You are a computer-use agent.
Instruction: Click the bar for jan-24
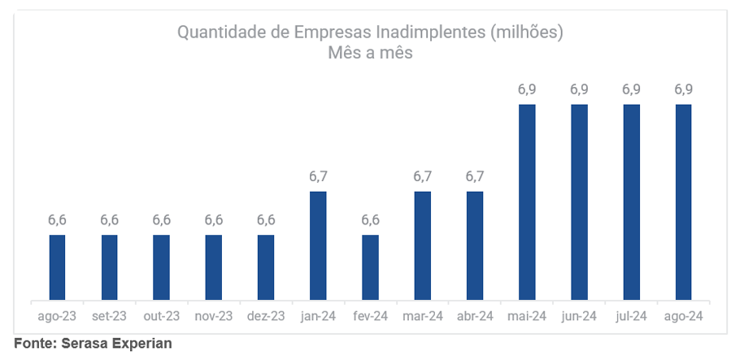(318, 246)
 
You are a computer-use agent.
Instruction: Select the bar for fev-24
(370, 268)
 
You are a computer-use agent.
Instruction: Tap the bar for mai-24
(527, 202)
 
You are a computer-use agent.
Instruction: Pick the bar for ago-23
(57, 268)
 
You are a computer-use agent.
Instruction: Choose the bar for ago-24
(684, 202)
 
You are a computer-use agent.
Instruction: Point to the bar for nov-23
(214, 268)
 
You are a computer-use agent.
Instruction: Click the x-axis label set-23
(109, 316)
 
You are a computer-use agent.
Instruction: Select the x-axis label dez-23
(266, 316)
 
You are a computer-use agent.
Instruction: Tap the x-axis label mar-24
(423, 316)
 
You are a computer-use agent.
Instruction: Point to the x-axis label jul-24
(631, 316)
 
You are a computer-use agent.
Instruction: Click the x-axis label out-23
(161, 316)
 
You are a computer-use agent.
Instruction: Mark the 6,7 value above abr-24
(475, 176)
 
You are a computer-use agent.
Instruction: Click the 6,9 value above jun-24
(579, 89)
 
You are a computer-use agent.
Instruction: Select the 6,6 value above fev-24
(370, 220)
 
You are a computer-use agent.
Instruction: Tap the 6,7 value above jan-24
(318, 176)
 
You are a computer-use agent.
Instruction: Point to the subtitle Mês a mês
(371, 54)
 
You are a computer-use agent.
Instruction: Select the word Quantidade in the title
(216, 33)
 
